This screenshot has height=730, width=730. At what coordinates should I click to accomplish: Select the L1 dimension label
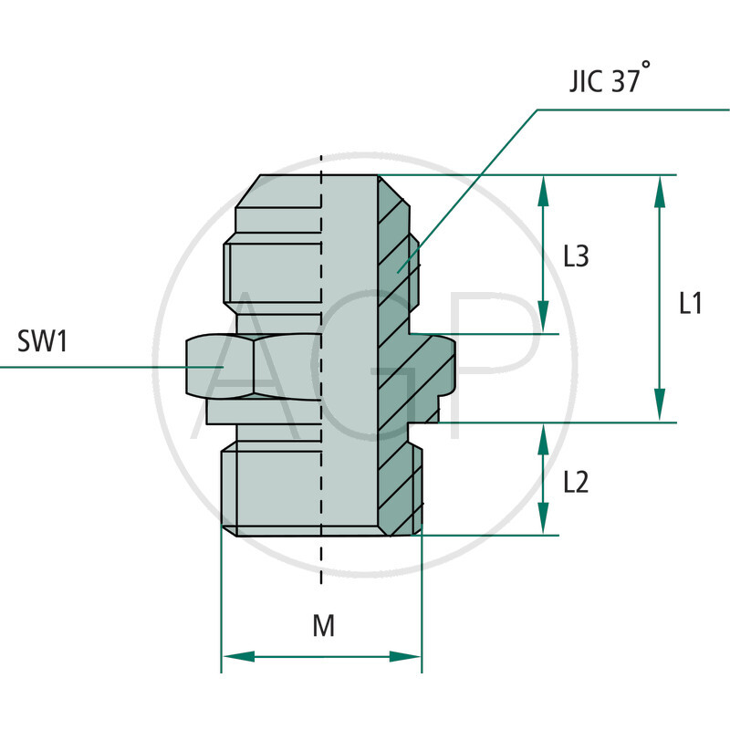pyautogui.click(x=691, y=303)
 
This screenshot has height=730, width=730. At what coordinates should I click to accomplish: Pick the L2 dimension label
pyautogui.click(x=576, y=481)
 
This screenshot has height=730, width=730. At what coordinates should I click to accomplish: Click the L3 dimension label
pyautogui.click(x=576, y=257)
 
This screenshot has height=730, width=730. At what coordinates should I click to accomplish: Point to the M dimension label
pyautogui.click(x=323, y=627)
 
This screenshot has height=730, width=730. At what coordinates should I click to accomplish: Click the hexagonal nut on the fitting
pyautogui.click(x=255, y=367)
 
